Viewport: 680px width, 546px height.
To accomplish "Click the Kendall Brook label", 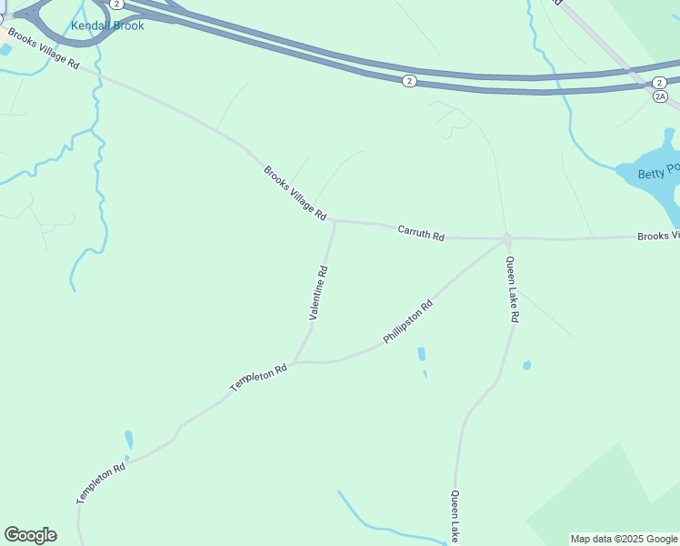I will (107, 25).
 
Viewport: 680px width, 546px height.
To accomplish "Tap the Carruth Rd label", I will (420, 234).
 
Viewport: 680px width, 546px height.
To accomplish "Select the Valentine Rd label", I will (318, 292).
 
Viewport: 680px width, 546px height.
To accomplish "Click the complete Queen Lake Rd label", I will (512, 289).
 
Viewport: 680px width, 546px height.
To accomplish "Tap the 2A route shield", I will (660, 96).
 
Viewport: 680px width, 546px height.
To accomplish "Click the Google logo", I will (30, 535).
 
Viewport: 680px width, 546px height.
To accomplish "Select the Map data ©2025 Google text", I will (625, 539).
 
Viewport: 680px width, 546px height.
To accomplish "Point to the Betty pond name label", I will (657, 170).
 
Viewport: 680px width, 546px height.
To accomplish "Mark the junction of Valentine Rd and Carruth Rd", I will (335, 220).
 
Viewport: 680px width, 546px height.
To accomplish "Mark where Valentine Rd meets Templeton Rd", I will (295, 361).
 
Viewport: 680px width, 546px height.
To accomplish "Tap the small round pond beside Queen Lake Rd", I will (526, 366).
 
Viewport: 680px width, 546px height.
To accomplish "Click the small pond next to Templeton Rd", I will (129, 440).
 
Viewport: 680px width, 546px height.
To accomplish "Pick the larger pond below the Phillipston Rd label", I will (421, 354).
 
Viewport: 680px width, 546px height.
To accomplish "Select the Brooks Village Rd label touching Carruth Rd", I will (295, 192).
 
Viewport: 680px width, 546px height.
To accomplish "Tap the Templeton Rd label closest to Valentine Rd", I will (258, 378).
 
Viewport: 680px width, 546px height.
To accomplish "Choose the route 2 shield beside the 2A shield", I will (658, 82).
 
